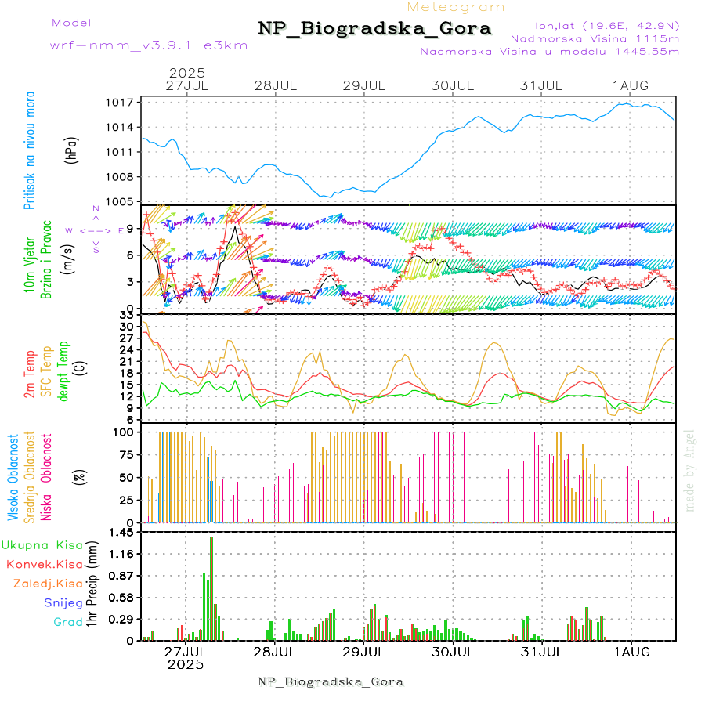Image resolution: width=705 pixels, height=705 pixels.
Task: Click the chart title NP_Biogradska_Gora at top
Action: [x=374, y=29]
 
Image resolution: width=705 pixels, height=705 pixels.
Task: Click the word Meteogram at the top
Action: [x=456, y=7]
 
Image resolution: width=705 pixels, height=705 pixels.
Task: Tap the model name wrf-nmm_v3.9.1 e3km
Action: [x=148, y=45]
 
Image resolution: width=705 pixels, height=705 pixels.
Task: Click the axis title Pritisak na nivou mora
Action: [x=31, y=150]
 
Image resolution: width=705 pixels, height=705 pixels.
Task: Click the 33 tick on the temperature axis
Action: [x=125, y=315]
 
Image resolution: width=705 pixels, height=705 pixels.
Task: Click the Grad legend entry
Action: [x=68, y=622]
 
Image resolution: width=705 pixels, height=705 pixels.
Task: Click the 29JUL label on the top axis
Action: [x=365, y=85]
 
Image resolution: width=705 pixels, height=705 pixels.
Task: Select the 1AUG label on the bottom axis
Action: [x=632, y=650]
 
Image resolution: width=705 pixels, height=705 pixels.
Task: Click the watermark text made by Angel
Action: [x=690, y=470]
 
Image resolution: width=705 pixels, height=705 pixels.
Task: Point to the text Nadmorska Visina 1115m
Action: [x=595, y=38]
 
